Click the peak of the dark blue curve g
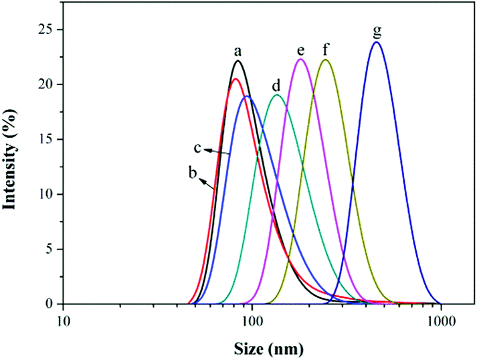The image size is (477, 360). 377,42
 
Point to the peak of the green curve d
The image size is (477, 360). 276,94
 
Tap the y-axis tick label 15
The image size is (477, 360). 45,139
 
